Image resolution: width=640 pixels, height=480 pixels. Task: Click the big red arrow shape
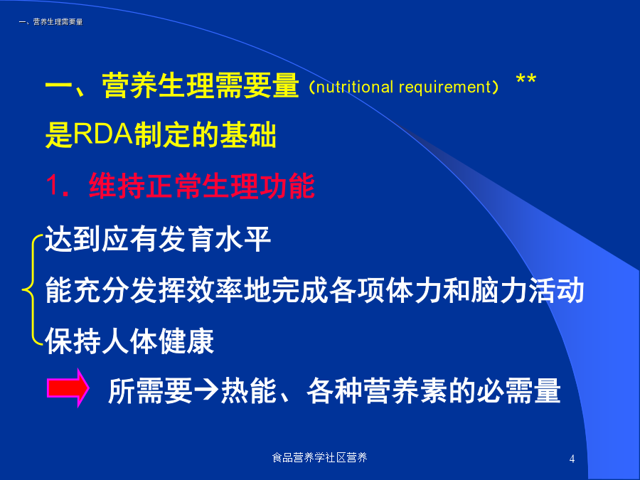tap(68, 388)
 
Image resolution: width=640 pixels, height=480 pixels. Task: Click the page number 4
tap(572, 459)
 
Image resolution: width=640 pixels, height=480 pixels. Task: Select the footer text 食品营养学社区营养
tap(319, 457)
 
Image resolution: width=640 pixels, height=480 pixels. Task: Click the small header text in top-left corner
tap(50, 21)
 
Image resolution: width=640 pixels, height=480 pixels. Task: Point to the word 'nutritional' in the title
tap(354, 87)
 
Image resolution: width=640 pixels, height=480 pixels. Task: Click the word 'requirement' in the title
tap(445, 87)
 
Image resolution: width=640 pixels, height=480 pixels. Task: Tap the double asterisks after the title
tap(526, 79)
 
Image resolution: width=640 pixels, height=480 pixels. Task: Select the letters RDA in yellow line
tap(103, 134)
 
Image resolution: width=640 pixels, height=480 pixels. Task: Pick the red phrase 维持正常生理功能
tap(202, 186)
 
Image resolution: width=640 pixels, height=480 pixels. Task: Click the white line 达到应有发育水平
tap(158, 239)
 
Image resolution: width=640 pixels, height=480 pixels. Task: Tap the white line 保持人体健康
tap(129, 341)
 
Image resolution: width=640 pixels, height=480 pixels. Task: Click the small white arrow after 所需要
tap(206, 390)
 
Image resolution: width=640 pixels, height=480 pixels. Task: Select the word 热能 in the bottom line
tap(249, 390)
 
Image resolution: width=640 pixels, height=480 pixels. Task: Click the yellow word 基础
tap(248, 134)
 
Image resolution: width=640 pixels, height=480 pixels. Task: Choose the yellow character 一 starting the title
tap(59, 86)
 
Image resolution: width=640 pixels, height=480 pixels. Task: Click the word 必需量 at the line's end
tap(518, 390)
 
